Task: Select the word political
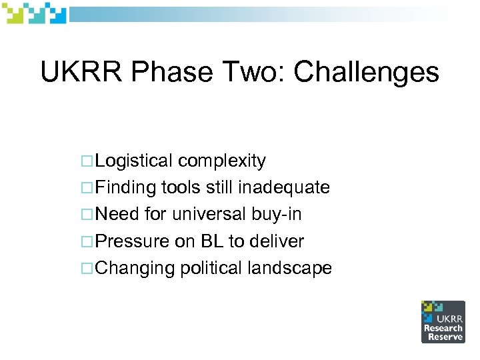click(x=212, y=269)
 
